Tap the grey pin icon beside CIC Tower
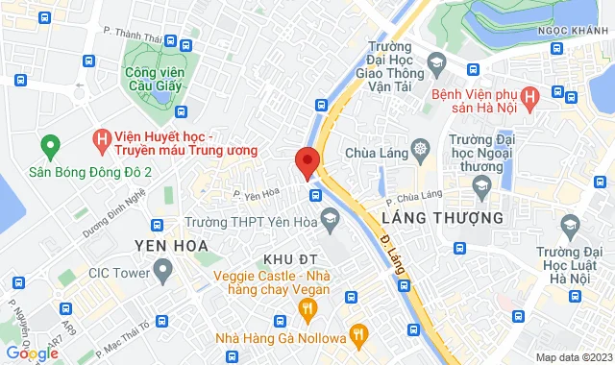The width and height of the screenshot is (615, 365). [x=162, y=273]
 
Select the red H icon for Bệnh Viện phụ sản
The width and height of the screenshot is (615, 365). [x=557, y=92]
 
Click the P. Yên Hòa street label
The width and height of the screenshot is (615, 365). [x=256, y=195]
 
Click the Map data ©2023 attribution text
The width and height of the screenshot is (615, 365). [x=572, y=357]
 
